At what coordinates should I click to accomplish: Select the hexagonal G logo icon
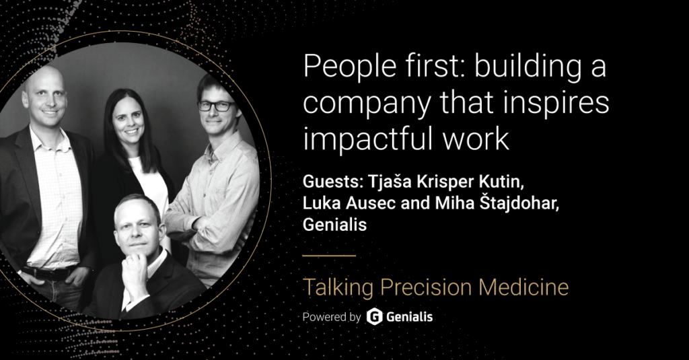point(374,316)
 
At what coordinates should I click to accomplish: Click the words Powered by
point(332,317)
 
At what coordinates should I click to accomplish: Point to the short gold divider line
point(329,256)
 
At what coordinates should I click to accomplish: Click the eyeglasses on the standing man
point(216,106)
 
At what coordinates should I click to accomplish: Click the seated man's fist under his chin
point(133,267)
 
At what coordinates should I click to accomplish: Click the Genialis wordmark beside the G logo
point(410,317)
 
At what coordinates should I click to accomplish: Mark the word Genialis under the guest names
point(334,225)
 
